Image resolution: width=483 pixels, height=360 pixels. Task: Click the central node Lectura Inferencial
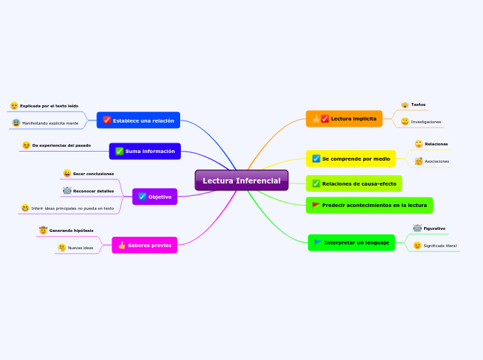(241, 181)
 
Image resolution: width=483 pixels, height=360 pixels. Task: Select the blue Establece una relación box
(139, 120)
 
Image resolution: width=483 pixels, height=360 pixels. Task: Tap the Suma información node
(145, 151)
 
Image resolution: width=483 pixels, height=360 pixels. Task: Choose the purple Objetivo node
(155, 197)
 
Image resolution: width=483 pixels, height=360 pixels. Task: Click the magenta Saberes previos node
(144, 245)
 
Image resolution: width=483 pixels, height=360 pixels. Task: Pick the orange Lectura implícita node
(344, 119)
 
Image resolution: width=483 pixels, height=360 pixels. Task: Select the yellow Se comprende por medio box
(351, 159)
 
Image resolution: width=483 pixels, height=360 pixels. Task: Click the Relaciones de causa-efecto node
(353, 183)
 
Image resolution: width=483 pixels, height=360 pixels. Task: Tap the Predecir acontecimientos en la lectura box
(369, 206)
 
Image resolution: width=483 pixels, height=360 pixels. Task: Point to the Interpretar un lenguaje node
(351, 242)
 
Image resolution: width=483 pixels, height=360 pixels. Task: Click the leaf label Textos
(418, 105)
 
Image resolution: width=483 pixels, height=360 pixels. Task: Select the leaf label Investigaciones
(425, 122)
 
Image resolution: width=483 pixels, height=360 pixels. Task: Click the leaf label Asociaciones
(437, 161)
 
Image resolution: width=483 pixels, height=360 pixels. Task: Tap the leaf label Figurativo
(434, 228)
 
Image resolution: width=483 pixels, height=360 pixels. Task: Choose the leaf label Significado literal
(440, 246)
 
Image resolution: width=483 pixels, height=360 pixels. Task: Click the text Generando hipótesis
(71, 230)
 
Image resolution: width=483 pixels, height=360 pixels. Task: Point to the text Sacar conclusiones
(93, 174)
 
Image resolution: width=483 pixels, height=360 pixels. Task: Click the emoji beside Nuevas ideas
(62, 247)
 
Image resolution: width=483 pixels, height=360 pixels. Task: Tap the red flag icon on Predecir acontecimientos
(316, 206)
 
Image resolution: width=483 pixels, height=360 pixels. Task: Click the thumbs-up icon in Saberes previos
(122, 245)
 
